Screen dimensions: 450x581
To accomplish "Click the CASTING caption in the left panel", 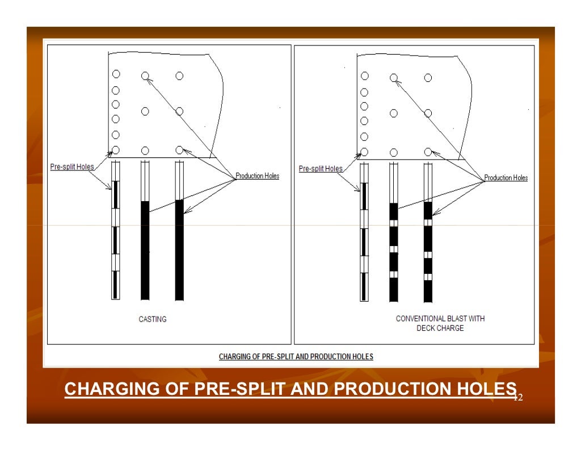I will click(153, 319).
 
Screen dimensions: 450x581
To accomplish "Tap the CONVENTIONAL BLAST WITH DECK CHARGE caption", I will click(440, 323).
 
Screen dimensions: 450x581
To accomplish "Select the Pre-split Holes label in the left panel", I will click(71, 167).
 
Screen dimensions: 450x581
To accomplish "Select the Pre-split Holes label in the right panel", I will click(321, 169).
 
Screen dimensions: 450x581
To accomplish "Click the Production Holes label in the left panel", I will click(257, 176).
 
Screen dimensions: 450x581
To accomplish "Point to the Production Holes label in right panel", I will click(506, 178).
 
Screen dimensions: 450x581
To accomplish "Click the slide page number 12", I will click(517, 398).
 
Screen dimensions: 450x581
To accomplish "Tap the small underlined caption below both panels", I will click(296, 357).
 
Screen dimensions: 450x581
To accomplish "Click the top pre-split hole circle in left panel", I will click(116, 74).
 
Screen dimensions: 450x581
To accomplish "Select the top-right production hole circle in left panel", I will click(179, 76).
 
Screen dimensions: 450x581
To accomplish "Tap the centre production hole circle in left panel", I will click(145, 112).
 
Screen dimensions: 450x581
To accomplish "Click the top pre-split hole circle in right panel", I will click(364, 76).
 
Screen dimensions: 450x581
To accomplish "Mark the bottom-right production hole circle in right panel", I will click(428, 152).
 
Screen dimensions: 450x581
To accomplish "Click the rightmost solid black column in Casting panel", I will click(179, 250).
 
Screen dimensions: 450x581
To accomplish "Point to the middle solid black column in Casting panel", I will click(145, 250).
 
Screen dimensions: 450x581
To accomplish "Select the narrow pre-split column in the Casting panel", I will click(115, 239).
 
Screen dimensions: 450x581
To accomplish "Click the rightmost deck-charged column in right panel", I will click(428, 250).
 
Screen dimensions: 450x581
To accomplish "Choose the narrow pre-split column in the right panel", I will click(364, 239).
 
